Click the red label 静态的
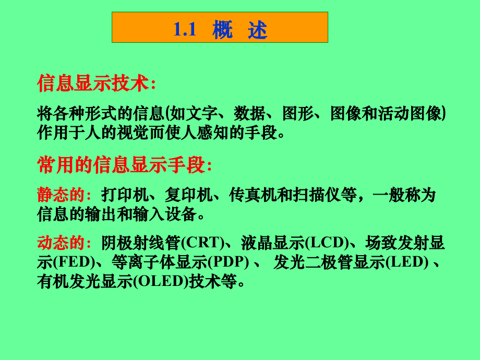[x=61, y=196]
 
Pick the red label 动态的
[x=61, y=243]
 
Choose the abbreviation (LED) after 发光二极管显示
[x=406, y=262]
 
